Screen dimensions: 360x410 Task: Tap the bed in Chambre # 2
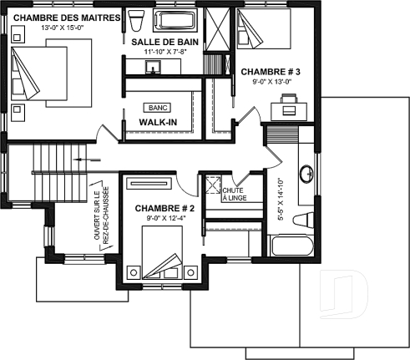[x=164, y=251]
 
